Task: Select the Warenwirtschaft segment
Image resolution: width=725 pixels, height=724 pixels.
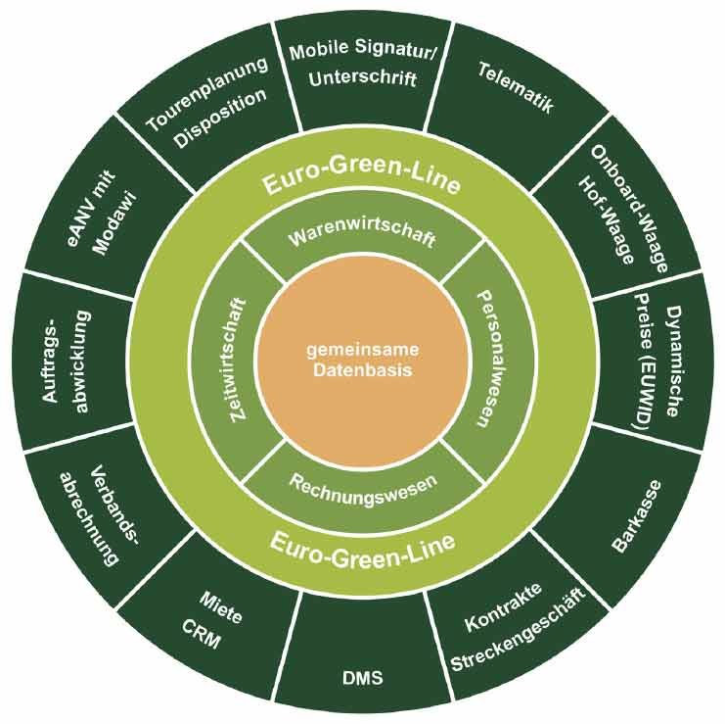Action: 362,238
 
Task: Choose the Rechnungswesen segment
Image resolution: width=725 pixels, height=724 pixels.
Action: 362,481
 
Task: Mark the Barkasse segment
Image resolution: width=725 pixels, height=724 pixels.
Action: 636,515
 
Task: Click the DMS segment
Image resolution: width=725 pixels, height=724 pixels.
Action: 363,677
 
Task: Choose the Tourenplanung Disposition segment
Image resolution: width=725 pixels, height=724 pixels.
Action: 205,102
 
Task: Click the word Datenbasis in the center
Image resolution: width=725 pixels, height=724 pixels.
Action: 363,373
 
